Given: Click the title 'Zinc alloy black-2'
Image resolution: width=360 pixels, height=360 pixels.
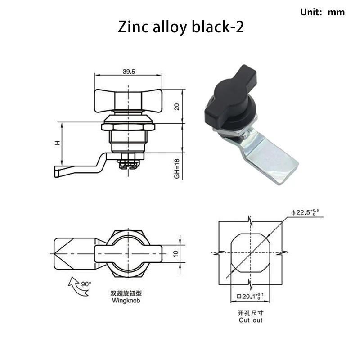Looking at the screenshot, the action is pos(181,27).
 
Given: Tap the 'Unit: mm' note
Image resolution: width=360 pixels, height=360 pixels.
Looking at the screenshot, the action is pos(322,12).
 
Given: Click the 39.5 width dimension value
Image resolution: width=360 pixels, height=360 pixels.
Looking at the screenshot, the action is pos(129,72).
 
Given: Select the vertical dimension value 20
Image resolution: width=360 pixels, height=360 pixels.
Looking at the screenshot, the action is pos(176,107).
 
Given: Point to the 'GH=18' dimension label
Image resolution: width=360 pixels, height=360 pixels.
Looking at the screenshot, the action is pos(176,169).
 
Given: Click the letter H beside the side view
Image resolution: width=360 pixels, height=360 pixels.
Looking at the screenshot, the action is pos(58,143).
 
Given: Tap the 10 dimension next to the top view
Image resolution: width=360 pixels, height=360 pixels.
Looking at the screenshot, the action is pos(175,253).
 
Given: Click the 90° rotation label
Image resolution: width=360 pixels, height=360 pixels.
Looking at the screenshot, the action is pos(86,284).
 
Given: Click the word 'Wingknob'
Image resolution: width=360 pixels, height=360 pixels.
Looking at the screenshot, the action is pos(126,300).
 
